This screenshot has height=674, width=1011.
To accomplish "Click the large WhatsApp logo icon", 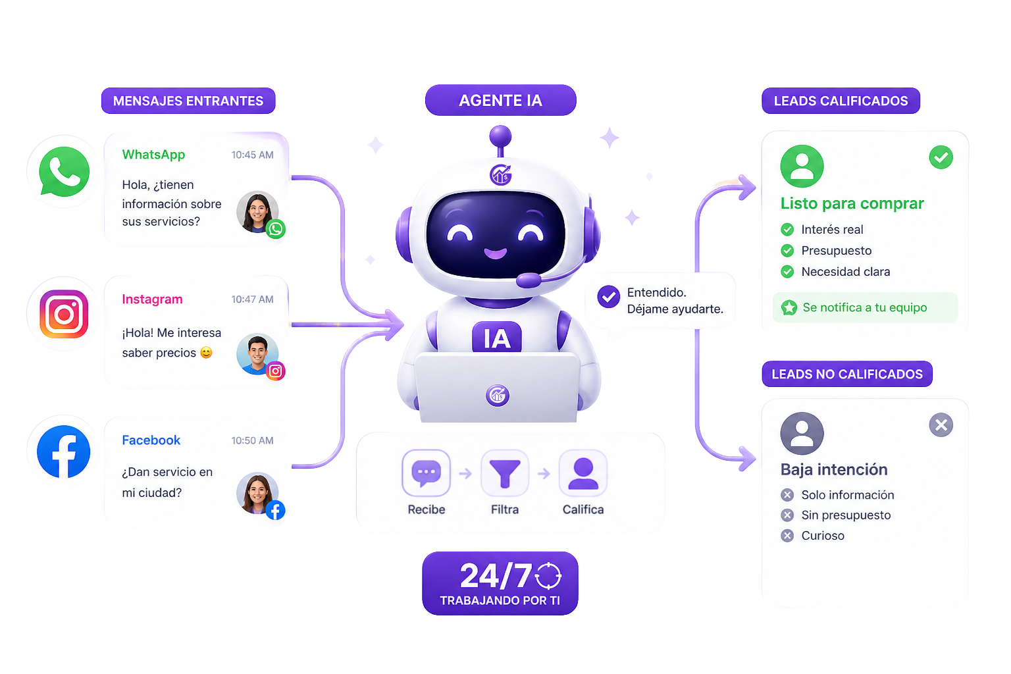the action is pyautogui.click(x=64, y=172).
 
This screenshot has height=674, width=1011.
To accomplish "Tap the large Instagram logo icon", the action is pyautogui.click(x=64, y=314).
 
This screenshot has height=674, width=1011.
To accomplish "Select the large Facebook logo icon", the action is pyautogui.click(x=64, y=452).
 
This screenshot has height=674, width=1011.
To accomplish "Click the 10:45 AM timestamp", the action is pyautogui.click(x=252, y=155).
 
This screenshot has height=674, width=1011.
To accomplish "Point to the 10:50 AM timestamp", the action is pyautogui.click(x=252, y=440).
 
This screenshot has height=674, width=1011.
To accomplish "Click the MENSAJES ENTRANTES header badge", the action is pyautogui.click(x=188, y=101).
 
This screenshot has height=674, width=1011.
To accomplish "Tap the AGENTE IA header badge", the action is pyautogui.click(x=500, y=100).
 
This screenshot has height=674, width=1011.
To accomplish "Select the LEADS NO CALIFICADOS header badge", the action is pyautogui.click(x=847, y=374).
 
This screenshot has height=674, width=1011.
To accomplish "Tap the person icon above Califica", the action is pyautogui.click(x=583, y=473).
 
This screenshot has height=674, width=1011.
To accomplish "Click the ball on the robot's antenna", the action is pyautogui.click(x=500, y=136).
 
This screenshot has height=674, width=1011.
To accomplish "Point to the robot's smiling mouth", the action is pyautogui.click(x=495, y=253).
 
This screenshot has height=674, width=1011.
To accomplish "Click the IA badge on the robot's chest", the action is pyautogui.click(x=497, y=337).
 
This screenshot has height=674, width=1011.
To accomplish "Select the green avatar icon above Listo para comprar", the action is pyautogui.click(x=802, y=166).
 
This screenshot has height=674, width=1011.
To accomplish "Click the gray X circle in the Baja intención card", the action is pyautogui.click(x=941, y=425).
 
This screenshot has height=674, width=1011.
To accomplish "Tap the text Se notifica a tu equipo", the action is pyautogui.click(x=865, y=307).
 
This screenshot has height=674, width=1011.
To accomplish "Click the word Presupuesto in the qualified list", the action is pyautogui.click(x=837, y=251).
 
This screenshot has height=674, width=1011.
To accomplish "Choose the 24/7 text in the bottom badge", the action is pyautogui.click(x=496, y=575).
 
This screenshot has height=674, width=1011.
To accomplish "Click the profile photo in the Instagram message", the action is pyautogui.click(x=257, y=354).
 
